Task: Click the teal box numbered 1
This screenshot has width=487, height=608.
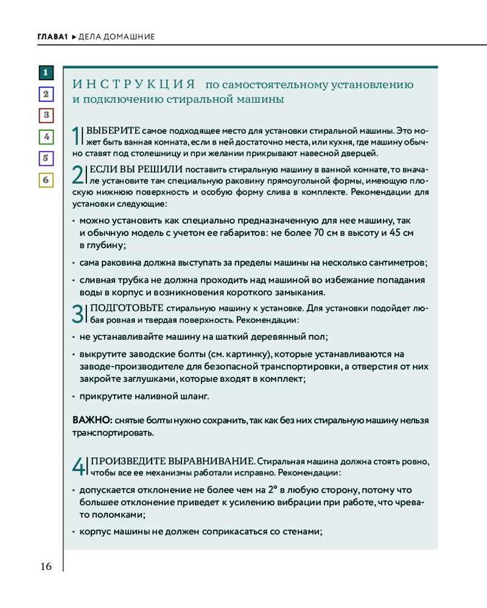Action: pos(46,73)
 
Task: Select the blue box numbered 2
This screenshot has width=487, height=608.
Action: pos(46,94)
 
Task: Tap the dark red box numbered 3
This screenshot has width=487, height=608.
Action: pos(46,116)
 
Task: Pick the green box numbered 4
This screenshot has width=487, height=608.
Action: pos(46,137)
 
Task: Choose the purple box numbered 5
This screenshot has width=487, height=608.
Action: pos(46,159)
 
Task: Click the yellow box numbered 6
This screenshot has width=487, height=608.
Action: pos(46,180)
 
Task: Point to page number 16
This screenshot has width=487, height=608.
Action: pos(46,567)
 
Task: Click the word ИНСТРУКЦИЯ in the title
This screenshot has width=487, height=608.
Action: pos(133,84)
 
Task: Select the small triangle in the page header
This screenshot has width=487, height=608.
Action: pos(74,37)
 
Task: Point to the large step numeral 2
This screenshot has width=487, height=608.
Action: pos(77,175)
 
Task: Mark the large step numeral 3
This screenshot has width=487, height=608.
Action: pos(77,314)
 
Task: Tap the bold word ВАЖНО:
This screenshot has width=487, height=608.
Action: pos(92,421)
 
